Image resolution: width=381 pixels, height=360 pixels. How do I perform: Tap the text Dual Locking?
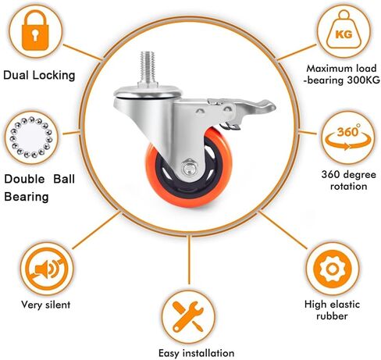point(39,76)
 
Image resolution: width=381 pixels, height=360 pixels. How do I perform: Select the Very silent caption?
point(46,305)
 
